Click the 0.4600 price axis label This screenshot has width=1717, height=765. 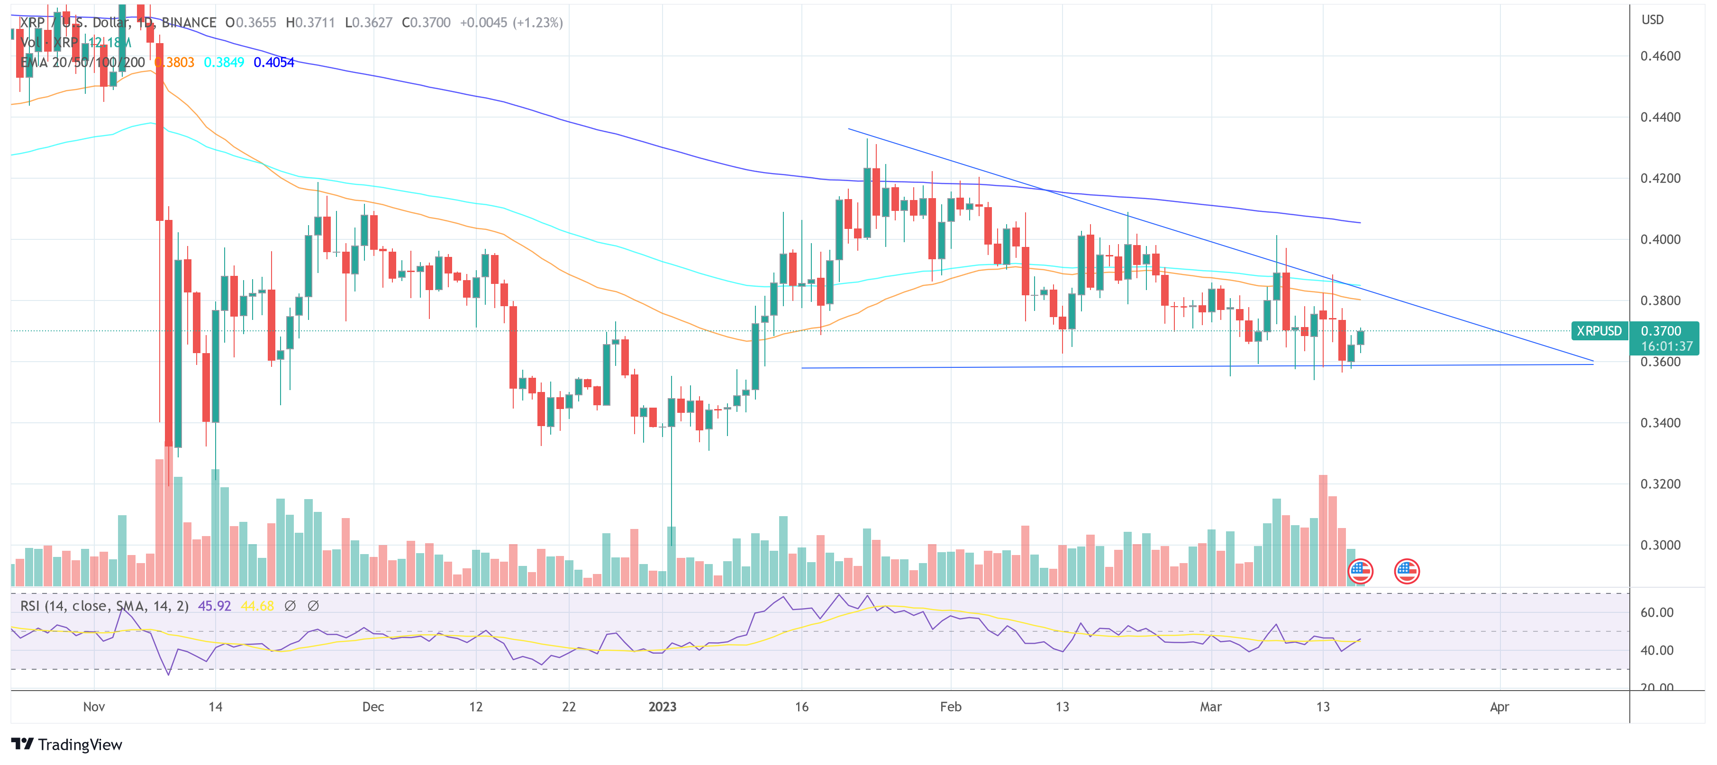(1660, 56)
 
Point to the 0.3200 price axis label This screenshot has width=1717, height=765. (1660, 484)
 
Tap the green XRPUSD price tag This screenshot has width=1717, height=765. (1599, 330)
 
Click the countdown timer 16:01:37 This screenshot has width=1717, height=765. (1666, 346)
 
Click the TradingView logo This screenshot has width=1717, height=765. (67, 744)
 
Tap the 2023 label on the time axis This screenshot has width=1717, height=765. (662, 706)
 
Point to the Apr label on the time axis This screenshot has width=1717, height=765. (1499, 706)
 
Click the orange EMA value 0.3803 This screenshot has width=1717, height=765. (174, 63)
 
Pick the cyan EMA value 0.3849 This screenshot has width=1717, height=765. (224, 63)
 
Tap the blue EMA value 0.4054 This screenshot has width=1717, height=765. (274, 63)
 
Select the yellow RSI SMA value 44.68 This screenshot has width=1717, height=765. (257, 606)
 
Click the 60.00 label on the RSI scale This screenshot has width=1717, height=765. (1656, 612)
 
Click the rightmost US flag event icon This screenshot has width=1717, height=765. (1407, 571)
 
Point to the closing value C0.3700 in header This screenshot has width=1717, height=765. (426, 23)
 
